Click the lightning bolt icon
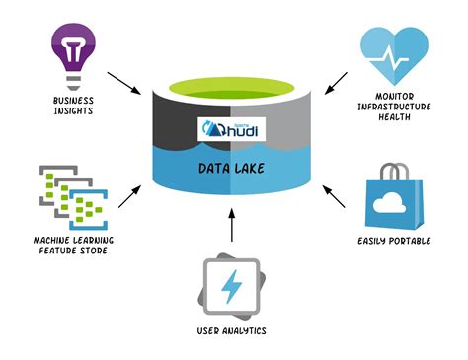[x=232, y=286]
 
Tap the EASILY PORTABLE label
[x=396, y=240]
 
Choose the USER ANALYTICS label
[x=233, y=331]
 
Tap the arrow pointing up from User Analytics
[x=232, y=230]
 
